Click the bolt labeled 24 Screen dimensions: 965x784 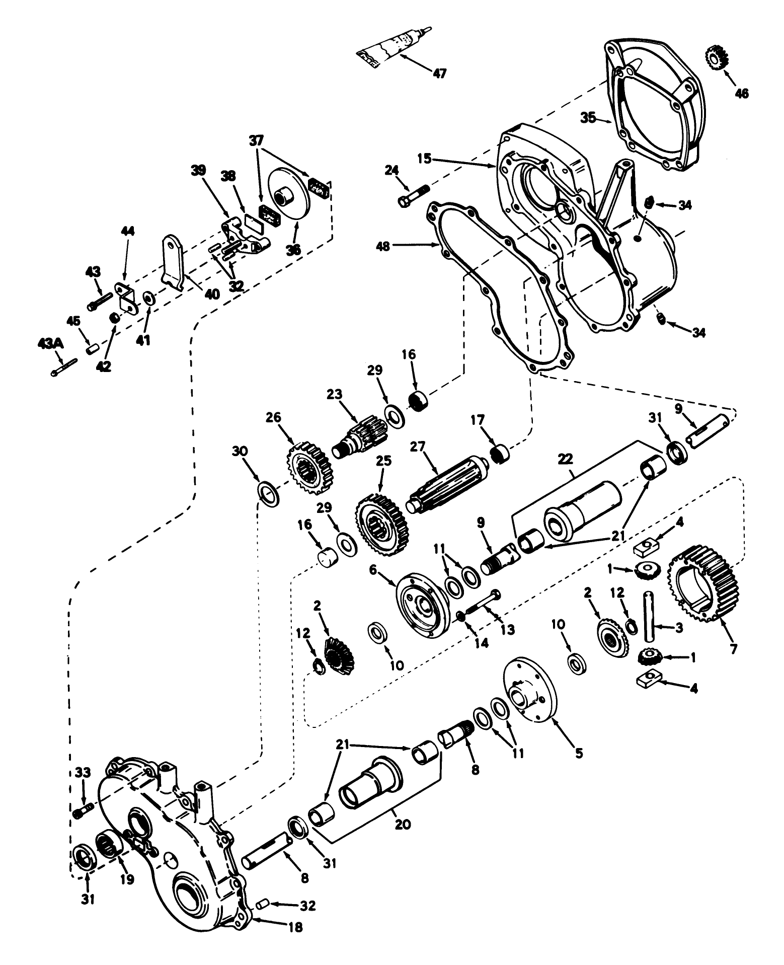[413, 196]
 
